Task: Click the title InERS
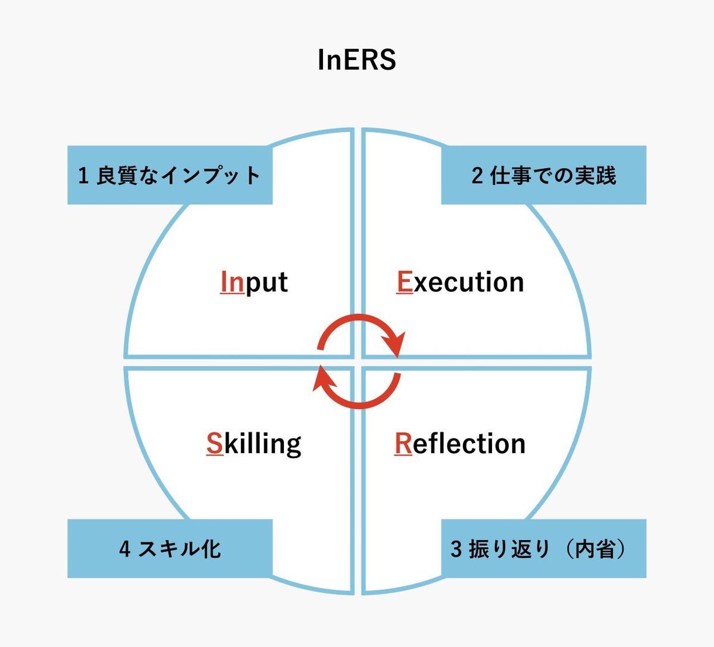pyautogui.click(x=357, y=60)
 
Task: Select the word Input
pyautogui.click(x=254, y=282)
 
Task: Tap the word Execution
pyautogui.click(x=460, y=282)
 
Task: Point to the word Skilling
pyautogui.click(x=254, y=444)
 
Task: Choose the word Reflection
pyautogui.click(x=460, y=444)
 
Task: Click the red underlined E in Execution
pyautogui.click(x=405, y=282)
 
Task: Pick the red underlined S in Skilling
pyautogui.click(x=214, y=444)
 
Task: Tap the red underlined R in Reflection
pyautogui.click(x=403, y=444)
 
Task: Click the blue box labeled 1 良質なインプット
pyautogui.click(x=170, y=175)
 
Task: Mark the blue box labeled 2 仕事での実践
pyautogui.click(x=543, y=175)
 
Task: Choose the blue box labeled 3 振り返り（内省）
pyautogui.click(x=543, y=548)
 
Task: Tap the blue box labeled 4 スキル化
pyautogui.click(x=170, y=548)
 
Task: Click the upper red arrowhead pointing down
pyautogui.click(x=394, y=344)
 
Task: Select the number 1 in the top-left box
pyautogui.click(x=84, y=176)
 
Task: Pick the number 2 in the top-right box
pyautogui.click(x=477, y=176)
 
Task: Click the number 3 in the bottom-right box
pyautogui.click(x=456, y=549)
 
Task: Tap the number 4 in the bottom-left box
pyautogui.click(x=124, y=549)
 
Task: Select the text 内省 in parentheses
pyautogui.click(x=592, y=549)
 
